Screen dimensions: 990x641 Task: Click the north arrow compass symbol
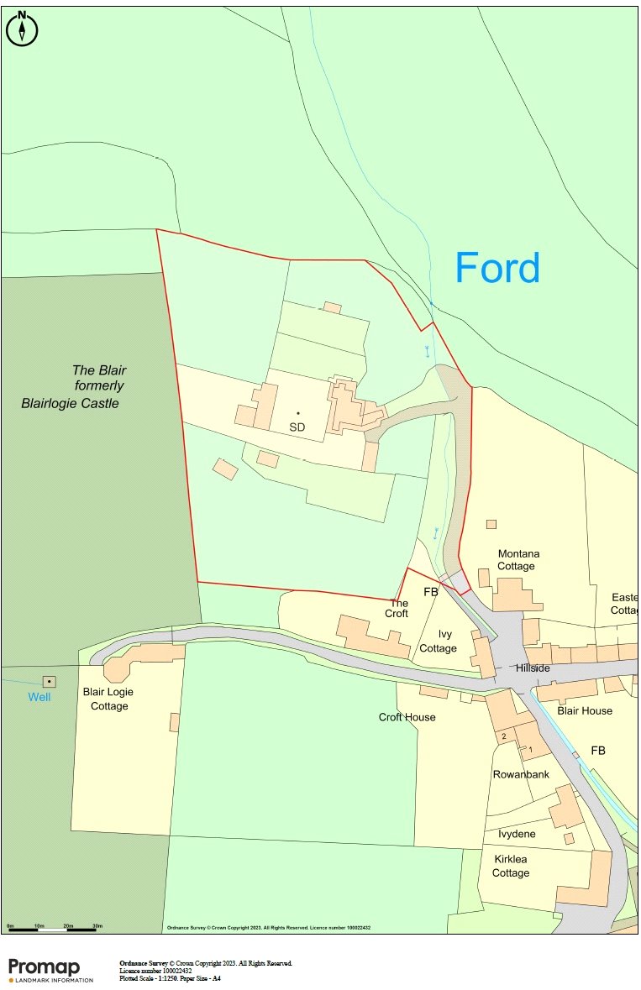[x=22, y=28]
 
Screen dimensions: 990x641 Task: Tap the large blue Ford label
[x=497, y=269]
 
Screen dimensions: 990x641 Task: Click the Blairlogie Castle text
[x=71, y=404]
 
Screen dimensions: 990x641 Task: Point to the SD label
[x=297, y=427]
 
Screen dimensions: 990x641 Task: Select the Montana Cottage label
[x=518, y=560]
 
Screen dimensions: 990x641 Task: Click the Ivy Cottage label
[x=438, y=642]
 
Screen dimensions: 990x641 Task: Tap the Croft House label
[x=407, y=717]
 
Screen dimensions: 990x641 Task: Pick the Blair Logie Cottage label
[x=108, y=699]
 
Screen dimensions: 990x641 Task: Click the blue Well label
[x=39, y=697]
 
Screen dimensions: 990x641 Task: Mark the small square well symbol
[x=50, y=681]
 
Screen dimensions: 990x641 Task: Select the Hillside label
[x=533, y=668]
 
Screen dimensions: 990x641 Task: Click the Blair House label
[x=585, y=710]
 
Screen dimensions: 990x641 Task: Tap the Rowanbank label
[x=521, y=774]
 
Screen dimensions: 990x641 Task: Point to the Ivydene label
[x=517, y=834]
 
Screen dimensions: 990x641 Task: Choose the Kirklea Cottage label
[x=511, y=867]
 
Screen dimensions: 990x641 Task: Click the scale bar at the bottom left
[x=52, y=929]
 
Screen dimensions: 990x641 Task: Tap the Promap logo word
[x=44, y=966]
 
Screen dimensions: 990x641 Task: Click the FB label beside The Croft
[x=430, y=592]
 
